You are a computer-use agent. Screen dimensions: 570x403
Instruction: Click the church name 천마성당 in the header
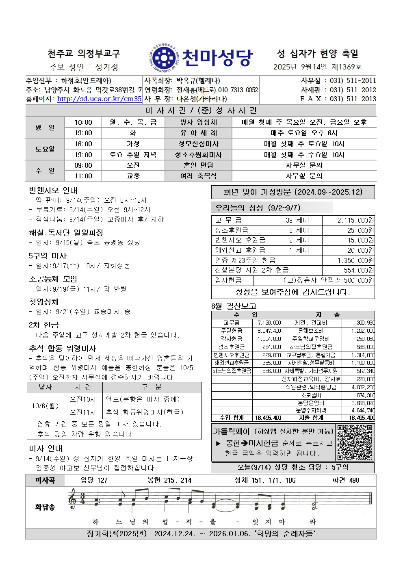217,58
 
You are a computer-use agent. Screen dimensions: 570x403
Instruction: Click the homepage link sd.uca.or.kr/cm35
99,99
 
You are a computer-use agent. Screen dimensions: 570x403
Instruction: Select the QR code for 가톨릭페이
355,442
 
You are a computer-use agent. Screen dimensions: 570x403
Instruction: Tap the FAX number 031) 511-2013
353,99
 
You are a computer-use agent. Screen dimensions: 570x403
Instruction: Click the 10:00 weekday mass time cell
83,122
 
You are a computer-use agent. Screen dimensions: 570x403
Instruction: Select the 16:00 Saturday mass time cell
83,144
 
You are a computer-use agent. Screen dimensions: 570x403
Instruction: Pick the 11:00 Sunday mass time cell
83,176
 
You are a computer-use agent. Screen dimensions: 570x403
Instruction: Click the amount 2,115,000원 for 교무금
355,220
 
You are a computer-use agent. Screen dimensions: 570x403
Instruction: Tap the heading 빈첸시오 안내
53,190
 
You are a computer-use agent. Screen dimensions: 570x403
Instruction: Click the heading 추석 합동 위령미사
63,348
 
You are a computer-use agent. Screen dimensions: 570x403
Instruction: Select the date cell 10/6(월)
45,405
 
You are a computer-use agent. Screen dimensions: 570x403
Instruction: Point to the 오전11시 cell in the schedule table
83,412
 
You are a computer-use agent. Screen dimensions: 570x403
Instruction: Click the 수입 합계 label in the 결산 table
232,417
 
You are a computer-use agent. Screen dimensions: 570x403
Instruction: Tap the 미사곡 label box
45,480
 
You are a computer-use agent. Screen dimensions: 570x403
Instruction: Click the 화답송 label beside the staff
45,507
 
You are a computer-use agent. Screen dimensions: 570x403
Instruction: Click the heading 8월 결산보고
234,306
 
